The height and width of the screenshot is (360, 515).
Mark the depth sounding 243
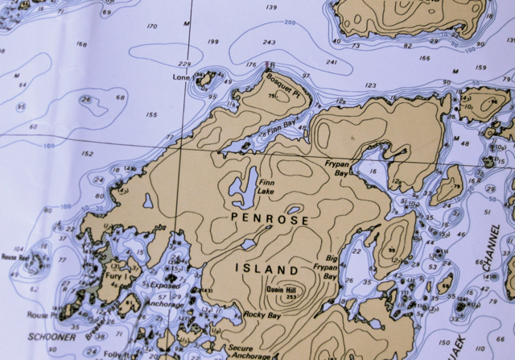pos(269,43)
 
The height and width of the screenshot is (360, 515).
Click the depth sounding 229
pos(184,64)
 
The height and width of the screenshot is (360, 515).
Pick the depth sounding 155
pos(152,115)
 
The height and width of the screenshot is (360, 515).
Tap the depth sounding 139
pos(271,7)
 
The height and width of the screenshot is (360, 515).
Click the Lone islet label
pos(182,78)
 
